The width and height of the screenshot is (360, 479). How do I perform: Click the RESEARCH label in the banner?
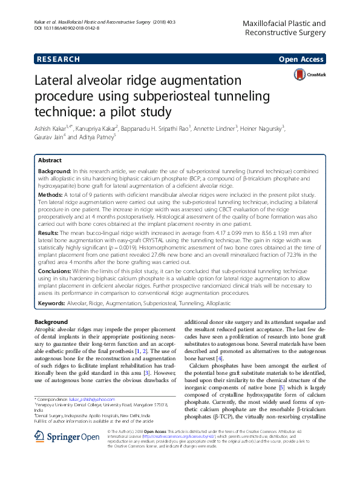click(58, 59)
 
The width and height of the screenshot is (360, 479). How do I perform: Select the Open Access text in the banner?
click(302, 59)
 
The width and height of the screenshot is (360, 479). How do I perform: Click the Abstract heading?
click(50, 160)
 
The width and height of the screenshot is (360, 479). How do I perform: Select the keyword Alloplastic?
click(216, 302)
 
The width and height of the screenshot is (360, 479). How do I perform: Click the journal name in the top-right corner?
click(284, 27)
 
